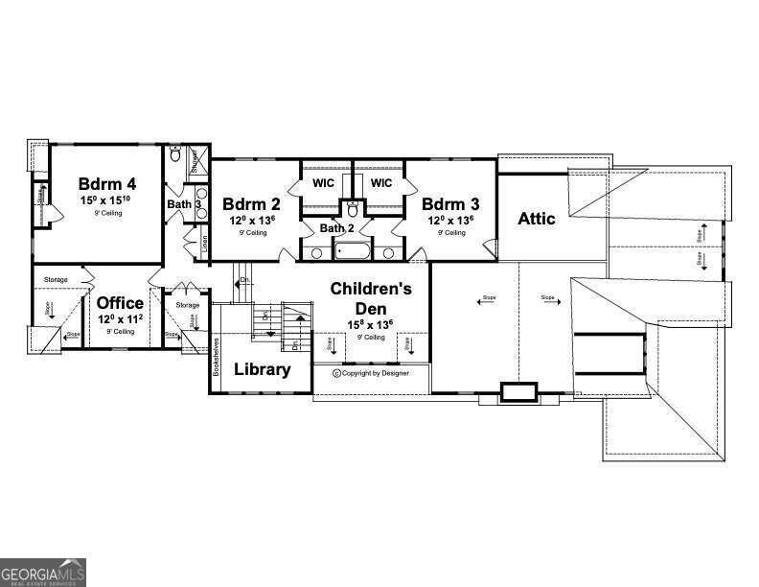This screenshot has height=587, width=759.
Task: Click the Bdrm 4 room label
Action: [106, 182]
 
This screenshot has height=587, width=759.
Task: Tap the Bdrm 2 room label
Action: [251, 204]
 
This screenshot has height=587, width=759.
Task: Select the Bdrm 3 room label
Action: [450, 204]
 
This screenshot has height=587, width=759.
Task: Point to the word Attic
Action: [537, 219]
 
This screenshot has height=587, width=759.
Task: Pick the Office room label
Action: [120, 304]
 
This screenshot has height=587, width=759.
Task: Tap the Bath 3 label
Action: [184, 204]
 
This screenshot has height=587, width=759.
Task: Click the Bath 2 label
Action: [337, 228]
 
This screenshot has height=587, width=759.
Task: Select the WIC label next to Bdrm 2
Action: [323, 183]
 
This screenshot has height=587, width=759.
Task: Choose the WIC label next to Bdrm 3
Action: [381, 183]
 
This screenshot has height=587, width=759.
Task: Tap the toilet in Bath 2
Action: [353, 207]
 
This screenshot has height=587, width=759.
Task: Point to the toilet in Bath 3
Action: [175, 153]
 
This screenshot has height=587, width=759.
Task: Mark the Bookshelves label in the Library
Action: [218, 359]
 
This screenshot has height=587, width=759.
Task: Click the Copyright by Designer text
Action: [369, 373]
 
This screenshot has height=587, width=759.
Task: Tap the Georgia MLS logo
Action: [43, 571]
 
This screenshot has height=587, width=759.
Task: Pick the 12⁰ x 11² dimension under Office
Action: [120, 319]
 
